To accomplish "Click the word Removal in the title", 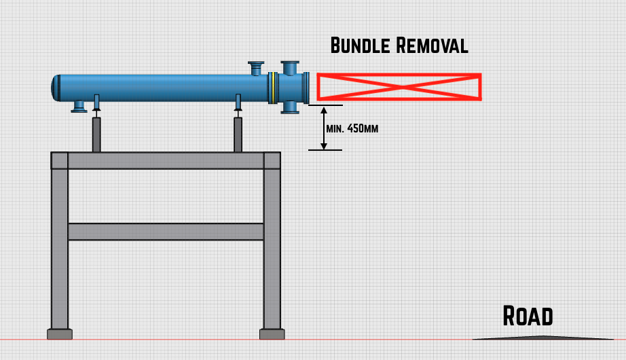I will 432,46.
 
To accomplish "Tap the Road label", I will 528,316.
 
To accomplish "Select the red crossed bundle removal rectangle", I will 399,87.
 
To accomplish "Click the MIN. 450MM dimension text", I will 352,128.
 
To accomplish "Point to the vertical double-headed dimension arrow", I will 325,128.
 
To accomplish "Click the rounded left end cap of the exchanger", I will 56,88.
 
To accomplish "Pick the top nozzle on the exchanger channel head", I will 290,67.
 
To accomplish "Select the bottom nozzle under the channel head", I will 290,107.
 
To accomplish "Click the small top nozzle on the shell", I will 256,68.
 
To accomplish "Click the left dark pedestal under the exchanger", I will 96,134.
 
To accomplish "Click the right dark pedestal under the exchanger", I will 238,134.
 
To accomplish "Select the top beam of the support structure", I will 166,160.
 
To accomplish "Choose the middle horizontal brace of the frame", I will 166,232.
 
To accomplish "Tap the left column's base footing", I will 60,334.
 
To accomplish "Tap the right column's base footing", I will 272,334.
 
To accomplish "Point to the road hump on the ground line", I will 542,337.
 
